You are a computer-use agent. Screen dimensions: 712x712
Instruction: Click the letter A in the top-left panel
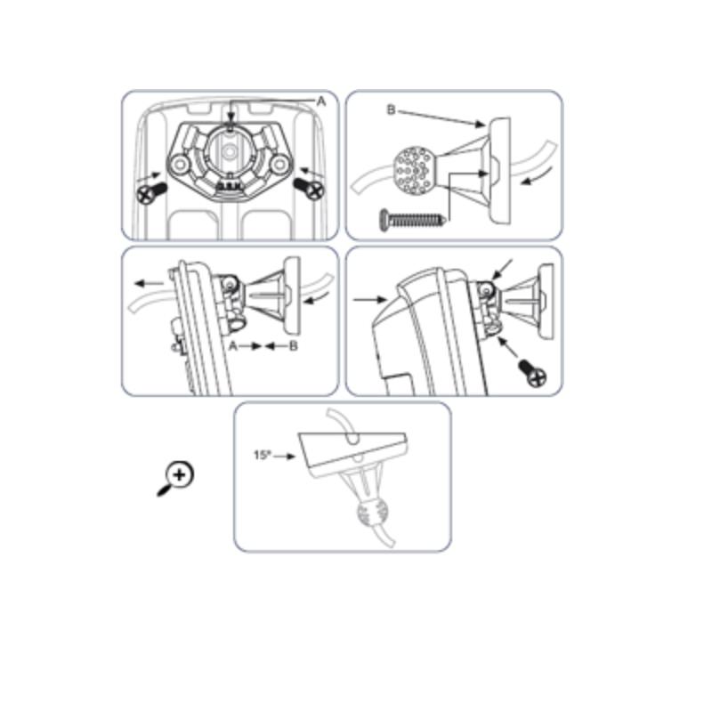click(x=321, y=101)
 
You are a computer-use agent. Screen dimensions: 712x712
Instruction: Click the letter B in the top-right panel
click(x=391, y=109)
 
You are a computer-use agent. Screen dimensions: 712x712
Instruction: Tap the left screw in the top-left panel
click(x=151, y=192)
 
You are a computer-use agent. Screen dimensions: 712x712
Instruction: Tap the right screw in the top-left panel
click(x=309, y=189)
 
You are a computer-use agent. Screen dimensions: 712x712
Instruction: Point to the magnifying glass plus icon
click(x=176, y=479)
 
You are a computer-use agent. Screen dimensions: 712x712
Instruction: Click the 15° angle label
click(x=262, y=455)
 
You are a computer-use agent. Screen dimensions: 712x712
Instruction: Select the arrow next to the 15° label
click(x=285, y=457)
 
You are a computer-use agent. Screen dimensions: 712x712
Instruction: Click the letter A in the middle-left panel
click(x=233, y=346)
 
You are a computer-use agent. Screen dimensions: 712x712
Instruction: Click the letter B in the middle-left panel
click(x=294, y=346)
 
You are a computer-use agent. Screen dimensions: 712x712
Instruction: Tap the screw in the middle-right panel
click(x=533, y=372)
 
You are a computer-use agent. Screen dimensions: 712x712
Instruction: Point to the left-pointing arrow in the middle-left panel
click(x=150, y=284)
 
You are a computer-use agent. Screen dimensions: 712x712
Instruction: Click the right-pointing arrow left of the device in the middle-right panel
click(x=369, y=299)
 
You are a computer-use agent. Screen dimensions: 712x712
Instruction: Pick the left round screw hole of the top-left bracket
click(x=181, y=164)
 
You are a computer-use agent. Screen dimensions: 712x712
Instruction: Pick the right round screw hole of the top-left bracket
click(x=279, y=164)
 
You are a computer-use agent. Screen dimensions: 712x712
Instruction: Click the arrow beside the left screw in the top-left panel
click(x=149, y=177)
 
